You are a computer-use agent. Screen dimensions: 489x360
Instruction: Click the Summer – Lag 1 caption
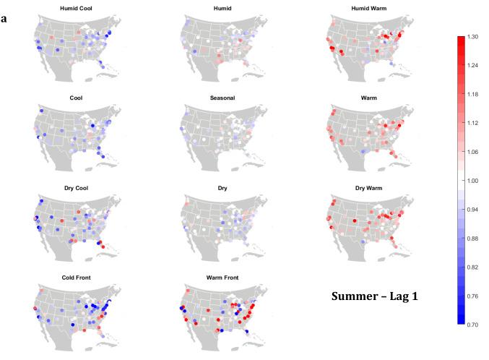pyautogui.click(x=375, y=296)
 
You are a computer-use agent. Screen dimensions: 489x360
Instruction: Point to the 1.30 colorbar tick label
pyautogui.click(x=472, y=36)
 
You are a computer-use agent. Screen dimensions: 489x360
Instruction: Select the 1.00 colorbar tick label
pyautogui.click(x=472, y=180)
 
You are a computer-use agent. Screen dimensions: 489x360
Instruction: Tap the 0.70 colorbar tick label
pyautogui.click(x=472, y=325)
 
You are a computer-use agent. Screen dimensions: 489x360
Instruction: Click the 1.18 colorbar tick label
pyautogui.click(x=472, y=94)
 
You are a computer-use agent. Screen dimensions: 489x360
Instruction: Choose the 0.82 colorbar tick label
pyautogui.click(x=472, y=267)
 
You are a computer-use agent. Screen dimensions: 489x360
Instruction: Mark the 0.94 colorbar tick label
pyautogui.click(x=472, y=209)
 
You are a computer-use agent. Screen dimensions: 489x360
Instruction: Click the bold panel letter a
pyautogui.click(x=4, y=17)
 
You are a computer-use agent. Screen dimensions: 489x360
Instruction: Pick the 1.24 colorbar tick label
pyautogui.click(x=472, y=65)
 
